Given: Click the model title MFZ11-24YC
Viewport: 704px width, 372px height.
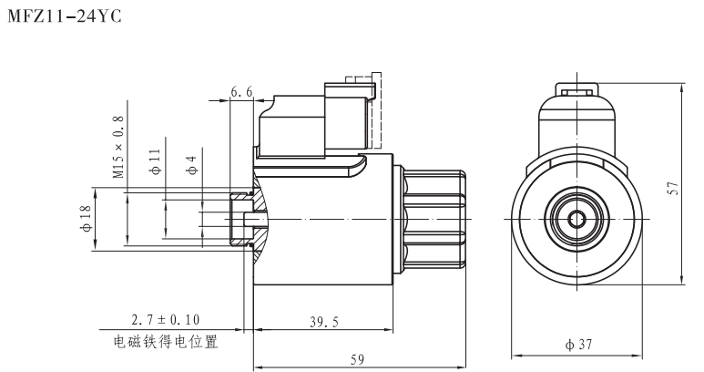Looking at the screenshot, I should click(x=64, y=15).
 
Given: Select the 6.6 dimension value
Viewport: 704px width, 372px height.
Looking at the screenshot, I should click(x=241, y=91).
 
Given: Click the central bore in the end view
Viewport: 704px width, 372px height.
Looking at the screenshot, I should click(x=577, y=219).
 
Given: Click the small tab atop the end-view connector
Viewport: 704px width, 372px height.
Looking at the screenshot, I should click(x=577, y=91).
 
